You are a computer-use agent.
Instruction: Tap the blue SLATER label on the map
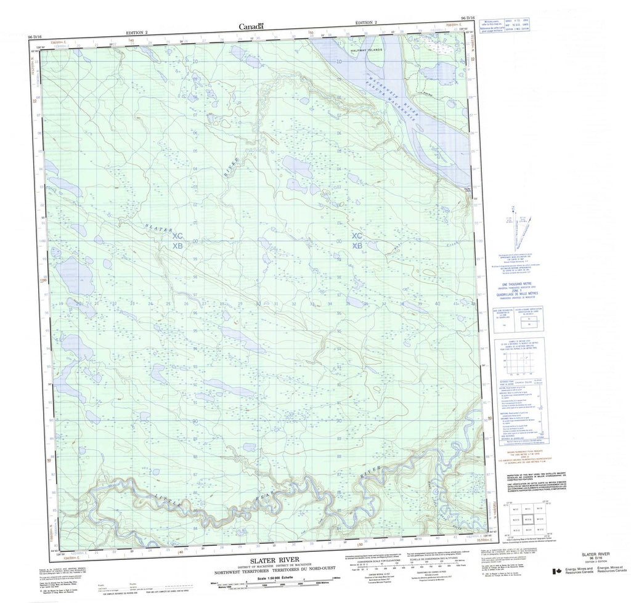(158, 229)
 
